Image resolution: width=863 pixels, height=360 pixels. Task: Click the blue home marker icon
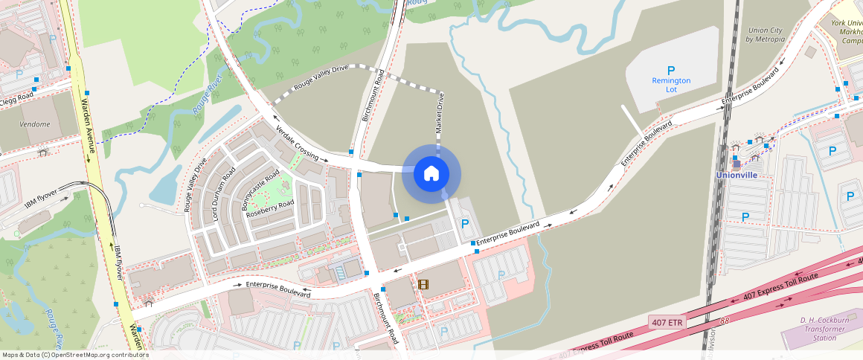tap(431, 174)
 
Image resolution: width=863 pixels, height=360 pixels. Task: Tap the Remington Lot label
tap(671, 85)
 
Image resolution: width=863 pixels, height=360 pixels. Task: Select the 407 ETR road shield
tap(667, 322)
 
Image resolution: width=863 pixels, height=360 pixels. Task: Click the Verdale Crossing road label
tap(297, 143)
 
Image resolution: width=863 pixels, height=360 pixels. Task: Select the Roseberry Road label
tap(271, 208)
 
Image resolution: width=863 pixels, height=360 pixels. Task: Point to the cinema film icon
tap(423, 283)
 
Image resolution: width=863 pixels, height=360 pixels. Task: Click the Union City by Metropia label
tap(766, 34)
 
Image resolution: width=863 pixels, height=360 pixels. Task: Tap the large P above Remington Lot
tap(671, 70)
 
